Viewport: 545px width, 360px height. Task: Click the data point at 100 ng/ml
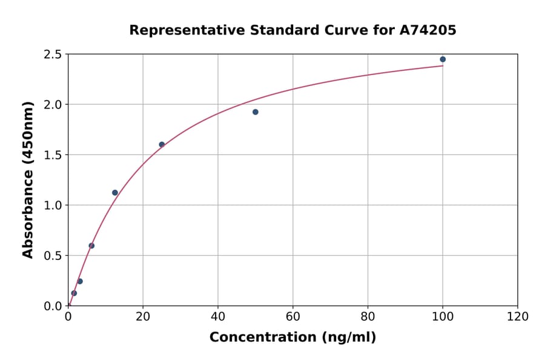pyautogui.click(x=443, y=59)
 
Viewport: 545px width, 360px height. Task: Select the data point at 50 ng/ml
pyautogui.click(x=256, y=112)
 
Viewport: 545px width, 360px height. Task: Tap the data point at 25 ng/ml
pyautogui.click(x=162, y=144)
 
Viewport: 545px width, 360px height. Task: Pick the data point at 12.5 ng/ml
pyautogui.click(x=115, y=193)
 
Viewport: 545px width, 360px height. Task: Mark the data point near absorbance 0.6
pyautogui.click(x=91, y=245)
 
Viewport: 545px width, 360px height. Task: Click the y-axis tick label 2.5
pyautogui.click(x=53, y=55)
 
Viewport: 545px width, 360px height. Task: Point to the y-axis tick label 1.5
pyautogui.click(x=53, y=155)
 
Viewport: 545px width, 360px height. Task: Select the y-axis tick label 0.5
pyautogui.click(x=53, y=256)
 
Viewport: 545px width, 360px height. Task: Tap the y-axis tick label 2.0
pyautogui.click(x=53, y=105)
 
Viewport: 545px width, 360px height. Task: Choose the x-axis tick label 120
pyautogui.click(x=518, y=317)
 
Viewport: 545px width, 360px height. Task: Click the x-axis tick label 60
pyautogui.click(x=293, y=317)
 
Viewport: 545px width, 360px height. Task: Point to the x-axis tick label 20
pyautogui.click(x=143, y=317)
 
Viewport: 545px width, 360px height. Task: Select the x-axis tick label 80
pyautogui.click(x=368, y=317)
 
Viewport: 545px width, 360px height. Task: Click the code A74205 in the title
pyautogui.click(x=428, y=30)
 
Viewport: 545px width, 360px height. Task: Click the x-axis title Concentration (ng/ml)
pyautogui.click(x=293, y=338)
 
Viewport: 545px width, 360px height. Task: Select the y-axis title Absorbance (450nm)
pyautogui.click(x=28, y=180)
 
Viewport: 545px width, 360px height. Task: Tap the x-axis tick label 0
pyautogui.click(x=68, y=317)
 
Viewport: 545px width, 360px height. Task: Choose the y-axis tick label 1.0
pyautogui.click(x=53, y=205)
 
